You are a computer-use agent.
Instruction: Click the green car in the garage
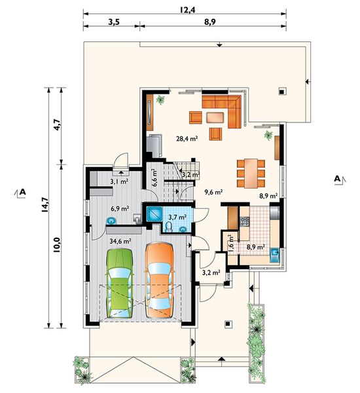120,284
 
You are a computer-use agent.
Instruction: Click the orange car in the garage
160,280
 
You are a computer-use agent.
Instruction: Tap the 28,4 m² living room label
187,138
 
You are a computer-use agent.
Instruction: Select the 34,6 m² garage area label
120,241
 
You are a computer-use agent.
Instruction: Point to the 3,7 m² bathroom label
177,217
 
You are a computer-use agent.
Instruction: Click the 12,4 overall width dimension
187,10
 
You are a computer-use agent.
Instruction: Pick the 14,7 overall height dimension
45,205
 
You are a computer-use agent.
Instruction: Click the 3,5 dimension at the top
114,22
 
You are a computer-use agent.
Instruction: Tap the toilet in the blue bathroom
169,227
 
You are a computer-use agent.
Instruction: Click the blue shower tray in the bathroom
153,214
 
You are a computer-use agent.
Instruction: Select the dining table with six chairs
251,173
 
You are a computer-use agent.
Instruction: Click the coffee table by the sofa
215,117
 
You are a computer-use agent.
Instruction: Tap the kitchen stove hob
244,221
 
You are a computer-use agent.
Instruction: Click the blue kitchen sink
275,255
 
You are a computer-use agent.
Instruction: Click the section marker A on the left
20,193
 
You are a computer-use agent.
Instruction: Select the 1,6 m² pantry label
231,242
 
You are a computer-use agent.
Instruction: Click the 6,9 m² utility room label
120,208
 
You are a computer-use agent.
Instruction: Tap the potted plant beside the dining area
268,135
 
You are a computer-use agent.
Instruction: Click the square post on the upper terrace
282,91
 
